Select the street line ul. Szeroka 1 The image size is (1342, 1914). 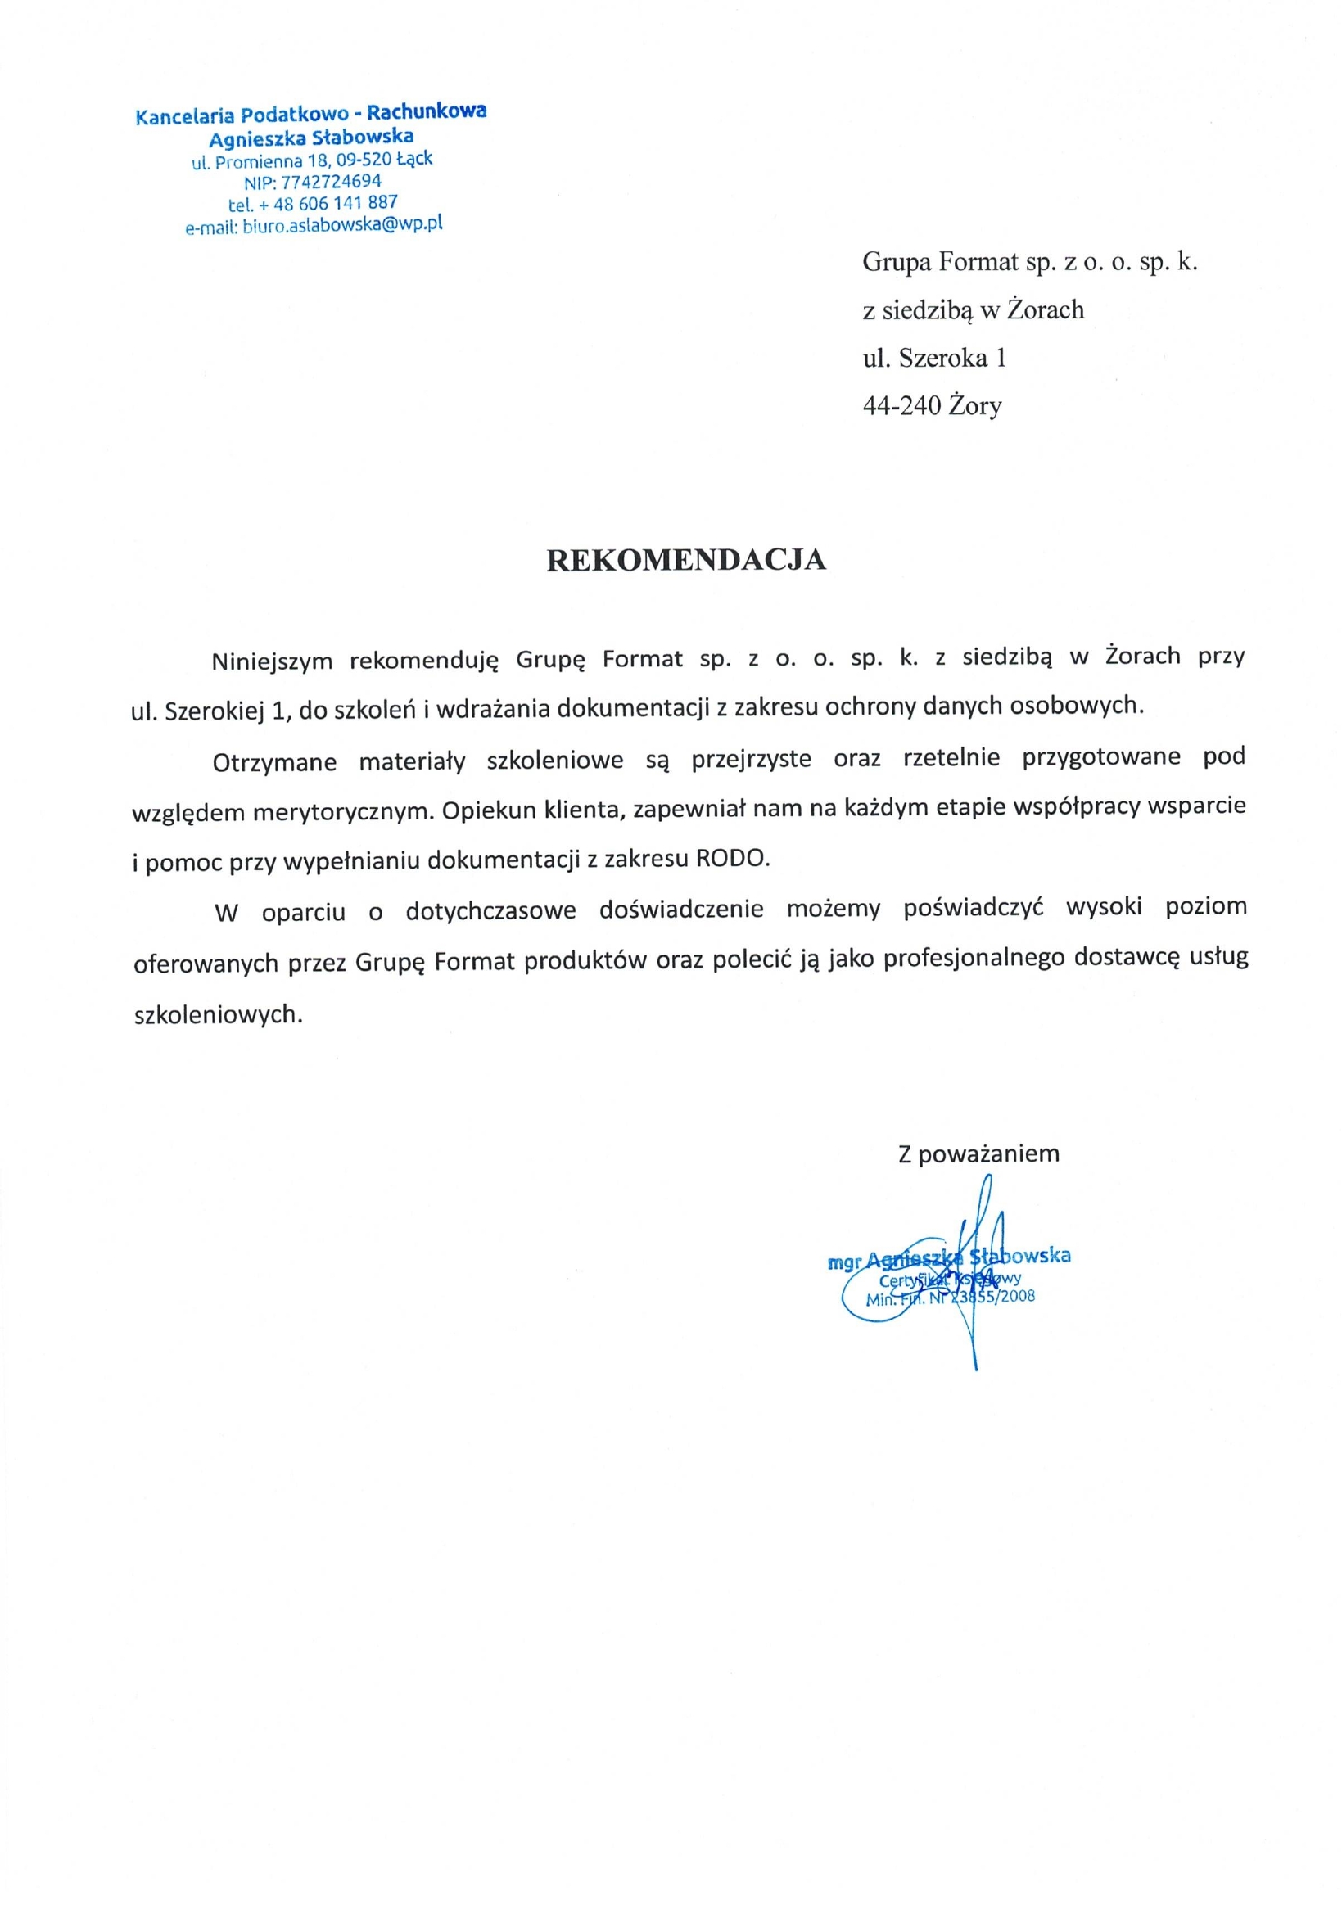[x=933, y=358]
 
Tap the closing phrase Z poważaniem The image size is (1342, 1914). [x=978, y=1153]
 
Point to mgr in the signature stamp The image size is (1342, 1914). [x=841, y=1264]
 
